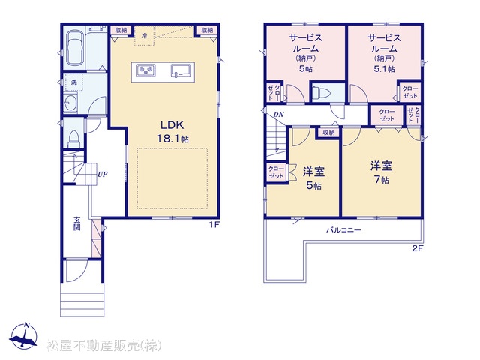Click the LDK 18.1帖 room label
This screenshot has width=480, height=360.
pyautogui.click(x=172, y=132)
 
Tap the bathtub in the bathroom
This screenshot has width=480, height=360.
pyautogui.click(x=75, y=47)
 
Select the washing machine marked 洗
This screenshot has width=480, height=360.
pyautogui.click(x=73, y=82)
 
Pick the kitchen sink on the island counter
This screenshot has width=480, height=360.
pyautogui.click(x=181, y=70)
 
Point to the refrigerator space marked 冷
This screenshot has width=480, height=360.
pyautogui.click(x=144, y=36)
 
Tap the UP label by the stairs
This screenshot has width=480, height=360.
pyautogui.click(x=103, y=174)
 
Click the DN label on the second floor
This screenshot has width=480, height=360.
pyautogui.click(x=278, y=115)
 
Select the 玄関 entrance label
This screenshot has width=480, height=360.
pyautogui.click(x=76, y=223)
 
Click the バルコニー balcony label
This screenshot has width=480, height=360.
pyautogui.click(x=343, y=230)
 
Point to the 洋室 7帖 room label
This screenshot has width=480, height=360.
pyautogui.click(x=382, y=172)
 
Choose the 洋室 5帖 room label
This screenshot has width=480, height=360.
pyautogui.click(x=314, y=178)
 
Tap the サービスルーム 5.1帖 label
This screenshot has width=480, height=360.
pyautogui.click(x=385, y=53)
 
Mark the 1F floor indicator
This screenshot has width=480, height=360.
pyautogui.click(x=214, y=225)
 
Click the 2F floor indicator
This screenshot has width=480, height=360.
pyautogui.click(x=417, y=248)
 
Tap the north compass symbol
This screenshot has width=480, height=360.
pyautogui.click(x=23, y=335)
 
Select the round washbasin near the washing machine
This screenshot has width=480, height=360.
pyautogui.click(x=70, y=102)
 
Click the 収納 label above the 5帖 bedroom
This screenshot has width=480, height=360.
pyautogui.click(x=328, y=133)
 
